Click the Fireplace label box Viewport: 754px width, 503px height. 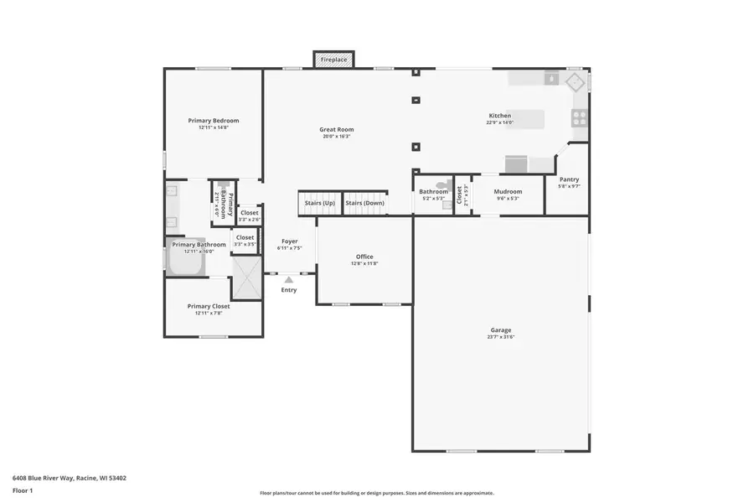[333, 60]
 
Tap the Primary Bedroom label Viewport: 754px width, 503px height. [214, 121]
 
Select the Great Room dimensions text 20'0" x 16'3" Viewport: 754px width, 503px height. [336, 137]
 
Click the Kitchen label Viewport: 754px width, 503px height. [500, 116]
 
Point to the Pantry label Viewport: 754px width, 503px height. [569, 179]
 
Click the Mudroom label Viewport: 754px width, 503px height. [508, 192]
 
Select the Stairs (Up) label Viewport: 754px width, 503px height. [319, 203]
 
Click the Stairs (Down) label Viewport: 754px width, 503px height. [365, 203]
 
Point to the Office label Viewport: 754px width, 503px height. [364, 257]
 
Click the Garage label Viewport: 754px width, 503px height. [501, 330]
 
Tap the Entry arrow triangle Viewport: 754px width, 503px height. [289, 279]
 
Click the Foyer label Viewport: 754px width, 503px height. [290, 241]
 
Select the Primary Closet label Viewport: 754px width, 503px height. [209, 306]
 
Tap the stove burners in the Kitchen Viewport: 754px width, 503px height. [579, 117]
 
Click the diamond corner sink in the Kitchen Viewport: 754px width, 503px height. [575, 81]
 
